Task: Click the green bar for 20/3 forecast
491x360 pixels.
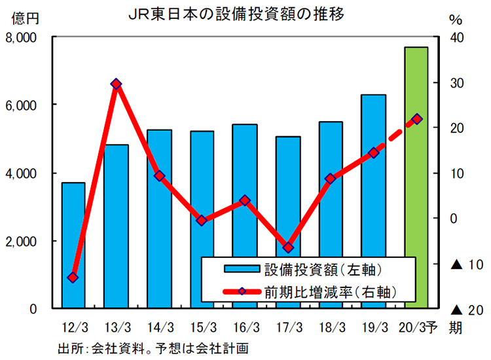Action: [416, 177]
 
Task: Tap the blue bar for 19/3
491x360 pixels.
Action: [373, 196]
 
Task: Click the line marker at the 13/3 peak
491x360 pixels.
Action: [116, 84]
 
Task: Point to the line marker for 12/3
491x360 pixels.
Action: [73, 278]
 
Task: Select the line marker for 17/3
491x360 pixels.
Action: [287, 247]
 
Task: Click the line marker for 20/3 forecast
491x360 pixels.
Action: [417, 119]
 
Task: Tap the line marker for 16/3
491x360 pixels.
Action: [245, 200]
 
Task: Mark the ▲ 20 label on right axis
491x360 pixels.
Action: [467, 309]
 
